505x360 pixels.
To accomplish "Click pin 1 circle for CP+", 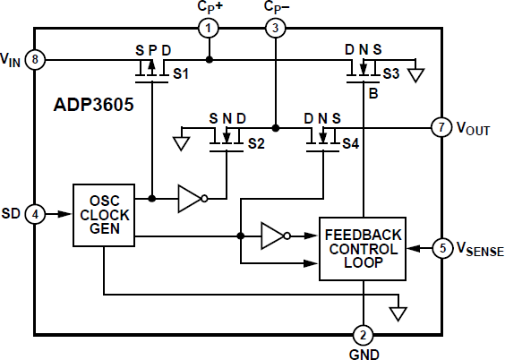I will (x=209, y=28).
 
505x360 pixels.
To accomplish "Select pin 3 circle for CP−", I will (x=275, y=28).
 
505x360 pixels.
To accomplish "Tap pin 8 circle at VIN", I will (x=34, y=60).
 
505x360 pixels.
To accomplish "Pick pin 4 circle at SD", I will (x=34, y=214).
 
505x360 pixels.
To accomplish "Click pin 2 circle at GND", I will (x=362, y=335).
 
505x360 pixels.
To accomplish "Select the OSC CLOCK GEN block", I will (x=103, y=215).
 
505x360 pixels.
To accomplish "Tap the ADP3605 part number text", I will (x=94, y=106).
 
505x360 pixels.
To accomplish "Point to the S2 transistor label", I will (x=257, y=142).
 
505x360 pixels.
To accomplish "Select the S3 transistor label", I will (x=391, y=72).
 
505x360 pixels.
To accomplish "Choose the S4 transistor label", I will (x=351, y=142).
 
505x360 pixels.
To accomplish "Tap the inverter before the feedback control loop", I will (x=274, y=236).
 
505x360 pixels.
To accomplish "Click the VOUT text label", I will (x=473, y=128).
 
